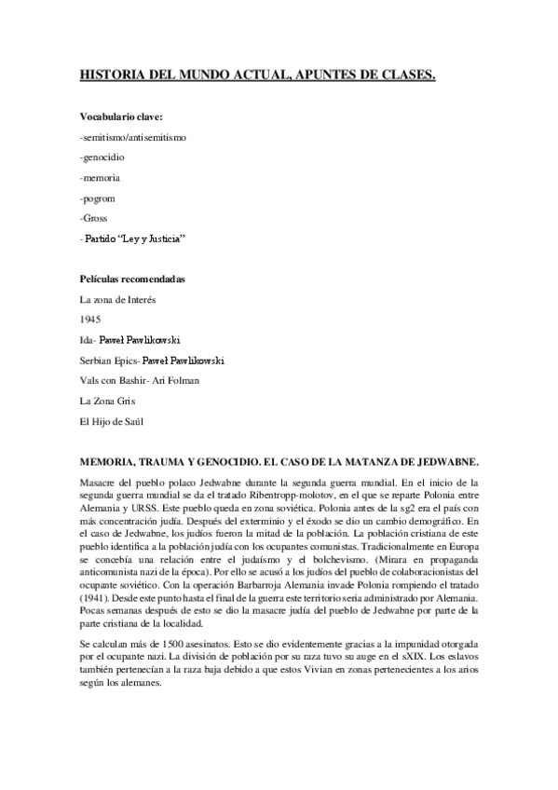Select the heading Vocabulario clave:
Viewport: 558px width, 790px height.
coord(121,117)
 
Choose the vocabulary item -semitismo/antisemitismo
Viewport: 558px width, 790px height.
coord(133,137)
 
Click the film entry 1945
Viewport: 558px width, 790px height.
coord(90,320)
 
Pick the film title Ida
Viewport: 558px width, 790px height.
coord(88,340)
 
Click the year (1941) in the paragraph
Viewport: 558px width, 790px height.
coord(96,569)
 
